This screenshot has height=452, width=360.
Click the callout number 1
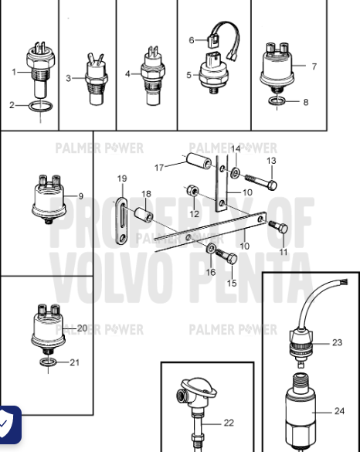[x=14, y=72]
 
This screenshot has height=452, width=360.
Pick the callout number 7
[x=314, y=66]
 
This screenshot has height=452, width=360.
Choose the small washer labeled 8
[x=277, y=101]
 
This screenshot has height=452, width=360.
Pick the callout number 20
[x=83, y=328]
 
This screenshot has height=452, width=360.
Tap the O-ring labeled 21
[x=48, y=362]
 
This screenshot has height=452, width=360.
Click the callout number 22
[x=228, y=423]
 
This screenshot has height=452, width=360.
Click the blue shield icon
[x=8, y=425]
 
